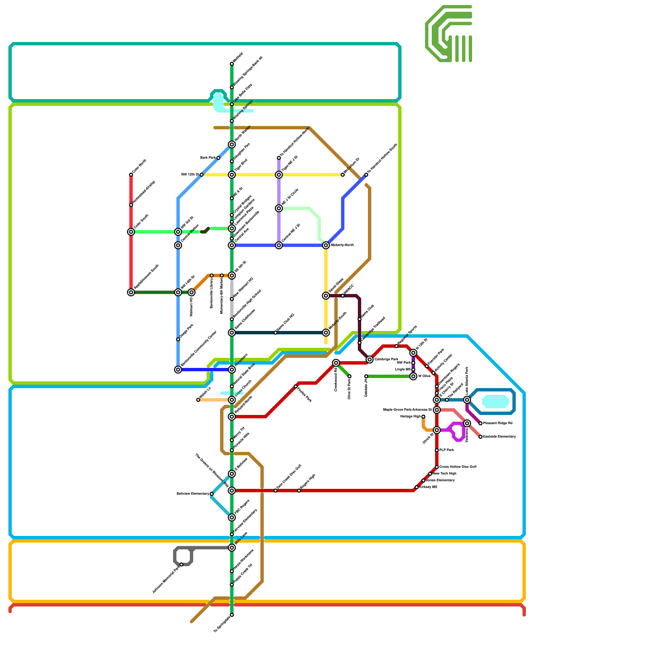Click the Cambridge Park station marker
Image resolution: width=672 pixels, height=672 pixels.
click(x=370, y=360)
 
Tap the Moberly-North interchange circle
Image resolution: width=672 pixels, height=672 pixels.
click(x=326, y=245)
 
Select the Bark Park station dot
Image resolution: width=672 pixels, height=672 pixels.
click(x=218, y=158)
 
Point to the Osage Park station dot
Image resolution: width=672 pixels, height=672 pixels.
click(x=178, y=339)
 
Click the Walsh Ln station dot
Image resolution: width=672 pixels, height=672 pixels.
click(x=198, y=400)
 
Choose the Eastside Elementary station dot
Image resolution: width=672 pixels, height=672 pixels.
click(x=480, y=437)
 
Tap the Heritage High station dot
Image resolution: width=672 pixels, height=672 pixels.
click(x=423, y=417)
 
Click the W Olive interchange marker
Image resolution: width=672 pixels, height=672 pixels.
click(x=413, y=376)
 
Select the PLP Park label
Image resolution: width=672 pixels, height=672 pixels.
click(x=446, y=450)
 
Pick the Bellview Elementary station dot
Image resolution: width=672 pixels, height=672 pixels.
click(x=212, y=494)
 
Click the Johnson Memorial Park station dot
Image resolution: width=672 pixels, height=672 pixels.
click(x=181, y=564)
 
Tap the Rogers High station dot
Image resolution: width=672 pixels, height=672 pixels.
click(x=299, y=491)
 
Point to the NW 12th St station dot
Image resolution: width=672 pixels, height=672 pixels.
click(x=202, y=175)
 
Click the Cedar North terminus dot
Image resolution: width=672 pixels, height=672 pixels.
click(x=131, y=175)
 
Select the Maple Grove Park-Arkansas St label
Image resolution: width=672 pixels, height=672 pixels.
click(x=407, y=410)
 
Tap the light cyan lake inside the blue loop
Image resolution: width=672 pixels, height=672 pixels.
click(x=496, y=402)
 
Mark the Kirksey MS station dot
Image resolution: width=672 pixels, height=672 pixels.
click(x=417, y=487)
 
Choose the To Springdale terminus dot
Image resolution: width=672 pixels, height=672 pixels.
click(x=232, y=615)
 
